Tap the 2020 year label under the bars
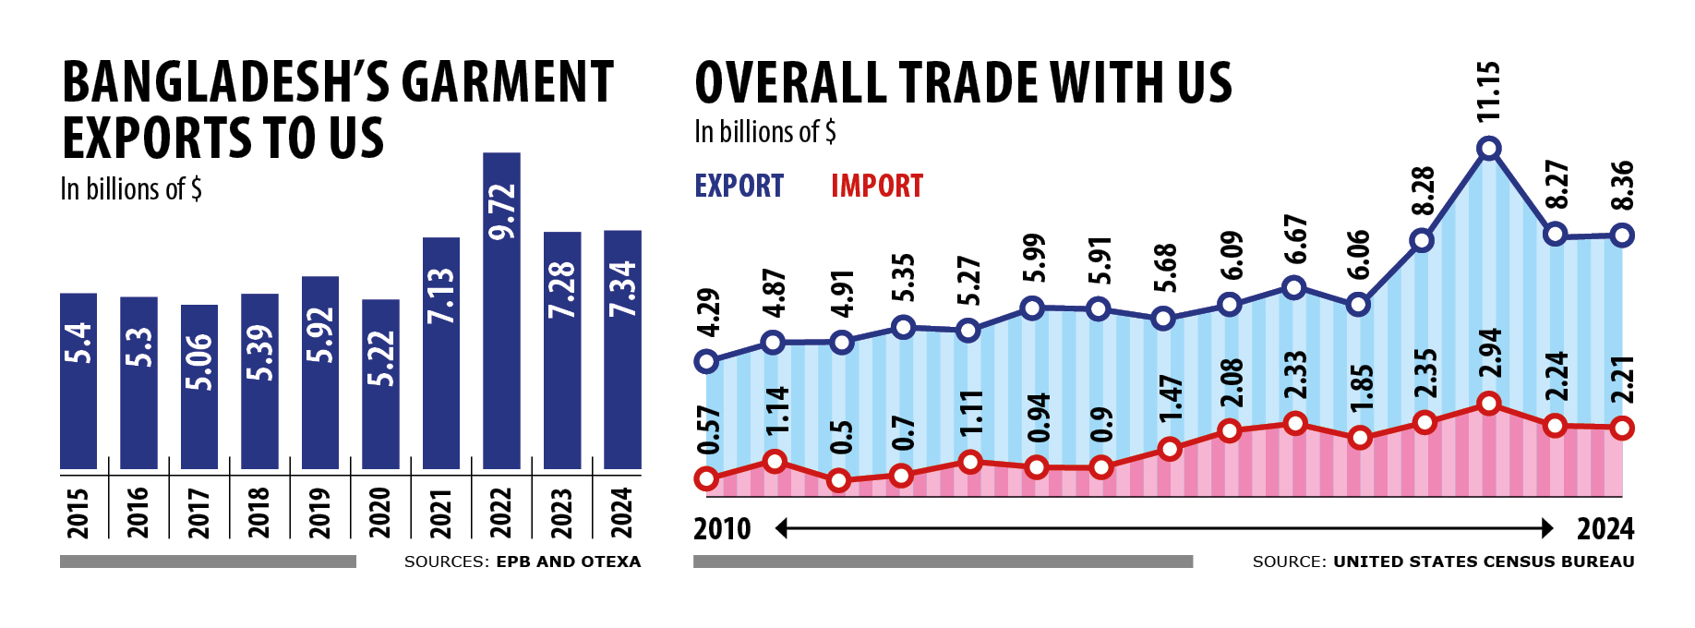pos(380,513)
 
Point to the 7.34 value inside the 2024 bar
pos(623,289)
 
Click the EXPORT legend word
pos(739,187)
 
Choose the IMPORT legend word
pos(876,187)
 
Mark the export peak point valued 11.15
pos(1488,148)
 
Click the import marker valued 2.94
pos(1488,404)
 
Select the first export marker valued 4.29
pos(707,361)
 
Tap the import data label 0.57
pos(709,430)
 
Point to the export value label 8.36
pos(1622,186)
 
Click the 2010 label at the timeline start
pos(722,529)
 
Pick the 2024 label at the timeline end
pos(1605,529)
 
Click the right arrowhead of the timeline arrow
pos(1548,528)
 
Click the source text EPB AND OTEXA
pos(569,562)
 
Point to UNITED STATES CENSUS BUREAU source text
pos(1484,562)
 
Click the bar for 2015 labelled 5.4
pos(78,380)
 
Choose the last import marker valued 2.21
pos(1622,429)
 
